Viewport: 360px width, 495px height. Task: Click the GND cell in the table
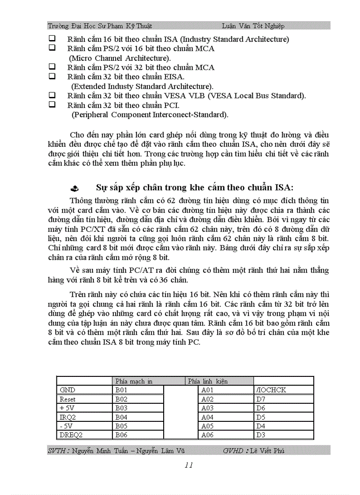tap(67, 390)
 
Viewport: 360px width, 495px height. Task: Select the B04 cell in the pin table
tap(121, 417)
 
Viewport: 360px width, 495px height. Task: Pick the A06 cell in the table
tap(207, 435)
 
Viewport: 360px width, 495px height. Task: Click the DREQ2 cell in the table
tap(71, 435)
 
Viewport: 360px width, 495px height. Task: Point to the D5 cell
tap(261, 417)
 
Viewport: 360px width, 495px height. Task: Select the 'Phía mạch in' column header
tap(134, 381)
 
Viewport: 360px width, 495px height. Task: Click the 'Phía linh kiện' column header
tap(207, 381)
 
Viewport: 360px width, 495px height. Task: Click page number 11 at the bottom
tap(189, 465)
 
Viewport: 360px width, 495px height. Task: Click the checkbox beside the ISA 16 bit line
tap(52, 39)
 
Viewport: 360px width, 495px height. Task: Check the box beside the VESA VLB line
tap(52, 95)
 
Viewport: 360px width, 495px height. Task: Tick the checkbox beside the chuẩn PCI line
tap(52, 105)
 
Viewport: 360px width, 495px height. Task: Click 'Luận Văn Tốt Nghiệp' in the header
tap(253, 26)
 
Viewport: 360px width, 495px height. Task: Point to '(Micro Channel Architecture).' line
tap(120, 58)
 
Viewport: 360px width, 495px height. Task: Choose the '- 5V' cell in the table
tap(67, 426)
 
